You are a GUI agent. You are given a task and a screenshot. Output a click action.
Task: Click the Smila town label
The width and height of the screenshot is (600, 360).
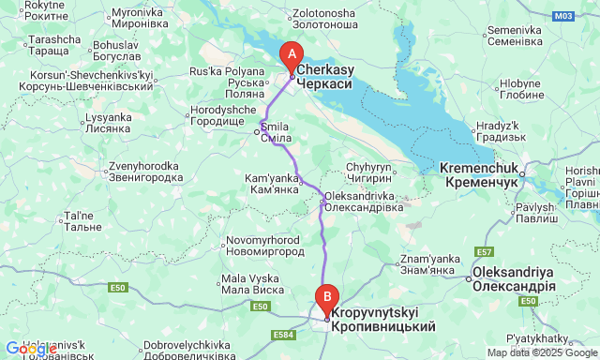point(275,131)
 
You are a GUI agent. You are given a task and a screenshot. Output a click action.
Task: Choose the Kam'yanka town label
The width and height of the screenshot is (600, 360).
point(271,183)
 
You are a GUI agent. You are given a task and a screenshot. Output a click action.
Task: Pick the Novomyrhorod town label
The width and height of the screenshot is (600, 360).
point(265,247)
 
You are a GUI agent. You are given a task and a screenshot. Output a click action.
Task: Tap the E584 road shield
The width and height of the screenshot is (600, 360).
point(282,334)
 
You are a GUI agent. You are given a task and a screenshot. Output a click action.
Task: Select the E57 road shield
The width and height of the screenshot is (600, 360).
point(484,252)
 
